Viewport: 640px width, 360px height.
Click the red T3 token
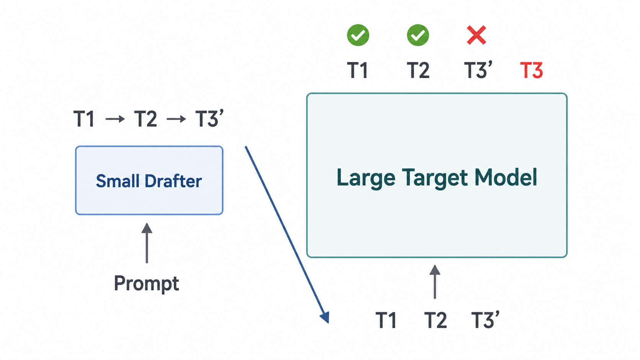(531, 70)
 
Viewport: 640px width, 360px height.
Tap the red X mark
(476, 35)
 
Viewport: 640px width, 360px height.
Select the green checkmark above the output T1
(358, 35)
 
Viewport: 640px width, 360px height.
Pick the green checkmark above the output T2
(418, 35)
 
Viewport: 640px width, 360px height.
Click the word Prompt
(147, 283)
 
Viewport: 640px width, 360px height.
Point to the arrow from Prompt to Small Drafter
(147, 243)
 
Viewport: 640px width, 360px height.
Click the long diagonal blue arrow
(287, 235)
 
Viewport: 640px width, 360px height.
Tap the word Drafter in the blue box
(173, 181)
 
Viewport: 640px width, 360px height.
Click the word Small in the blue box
(119, 181)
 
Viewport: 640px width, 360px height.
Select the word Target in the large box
(434, 178)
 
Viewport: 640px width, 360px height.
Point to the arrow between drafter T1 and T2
(115, 119)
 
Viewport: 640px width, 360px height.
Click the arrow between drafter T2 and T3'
(176, 119)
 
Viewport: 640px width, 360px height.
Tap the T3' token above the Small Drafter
(209, 118)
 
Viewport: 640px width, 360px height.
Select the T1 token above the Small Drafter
(84, 119)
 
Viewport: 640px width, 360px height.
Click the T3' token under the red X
(478, 70)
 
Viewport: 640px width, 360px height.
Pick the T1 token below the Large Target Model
(386, 320)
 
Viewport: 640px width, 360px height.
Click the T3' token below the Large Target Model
(485, 319)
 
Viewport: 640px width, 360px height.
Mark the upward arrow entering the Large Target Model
(435, 282)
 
